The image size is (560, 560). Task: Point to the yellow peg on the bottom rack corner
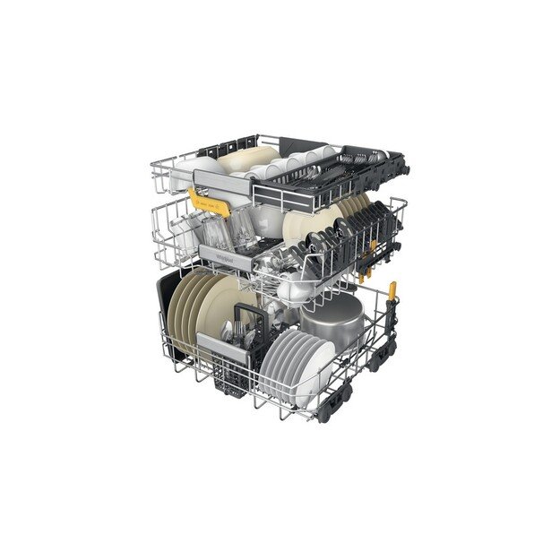392,289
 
